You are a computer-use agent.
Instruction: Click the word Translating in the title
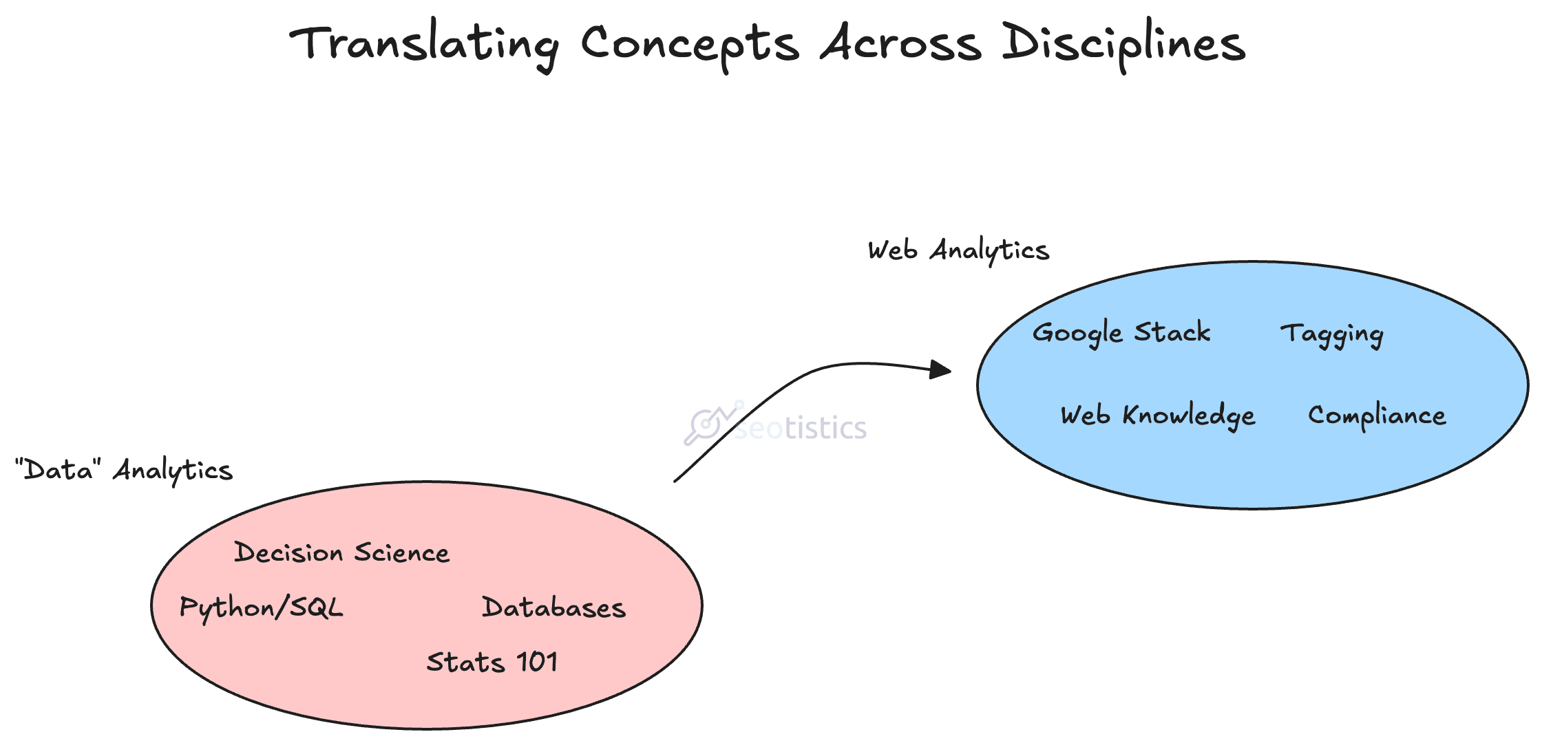click(424, 45)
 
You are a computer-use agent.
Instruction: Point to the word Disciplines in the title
click(1123, 45)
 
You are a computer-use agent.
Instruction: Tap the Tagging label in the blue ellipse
click(1332, 335)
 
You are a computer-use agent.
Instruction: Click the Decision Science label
click(341, 552)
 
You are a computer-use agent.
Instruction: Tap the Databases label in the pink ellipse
click(553, 607)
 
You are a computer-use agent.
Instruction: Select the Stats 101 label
click(492, 663)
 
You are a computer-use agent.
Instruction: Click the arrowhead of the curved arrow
click(940, 369)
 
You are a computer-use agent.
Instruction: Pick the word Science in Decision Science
click(401, 552)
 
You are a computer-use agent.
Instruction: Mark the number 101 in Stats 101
click(537, 663)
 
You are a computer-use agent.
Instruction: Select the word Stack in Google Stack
click(1172, 332)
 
